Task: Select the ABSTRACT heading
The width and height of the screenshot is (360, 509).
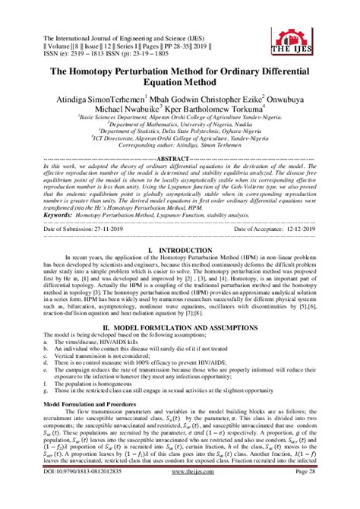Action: click(179, 158)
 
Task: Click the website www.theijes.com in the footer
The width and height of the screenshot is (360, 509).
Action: click(179, 492)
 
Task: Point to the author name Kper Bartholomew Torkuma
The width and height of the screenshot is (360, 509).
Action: click(235, 111)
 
